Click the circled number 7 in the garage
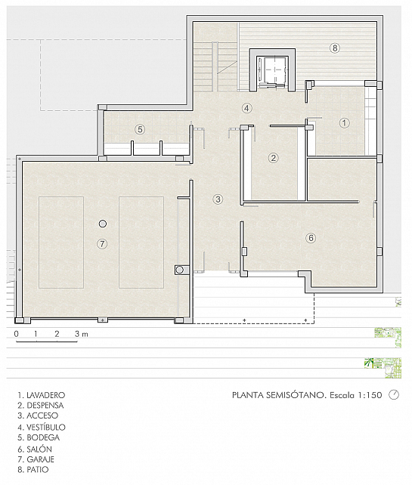pyautogui.click(x=103, y=243)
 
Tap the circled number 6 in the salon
pyautogui.click(x=310, y=238)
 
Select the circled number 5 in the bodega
pyautogui.click(x=139, y=129)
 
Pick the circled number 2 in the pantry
pyautogui.click(x=274, y=158)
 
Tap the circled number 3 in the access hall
pyautogui.click(x=218, y=199)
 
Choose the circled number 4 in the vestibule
pyautogui.click(x=246, y=108)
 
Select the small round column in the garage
pyautogui.click(x=103, y=224)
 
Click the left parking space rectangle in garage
pyautogui.click(x=61, y=242)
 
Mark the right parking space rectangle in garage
pyautogui.click(x=141, y=242)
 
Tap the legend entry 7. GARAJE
pyautogui.click(x=36, y=459)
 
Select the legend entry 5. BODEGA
pyautogui.click(x=37, y=437)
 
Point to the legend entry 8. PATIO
pyautogui.click(x=33, y=469)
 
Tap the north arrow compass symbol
pyautogui.click(x=395, y=395)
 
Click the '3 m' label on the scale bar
pyautogui.click(x=81, y=333)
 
